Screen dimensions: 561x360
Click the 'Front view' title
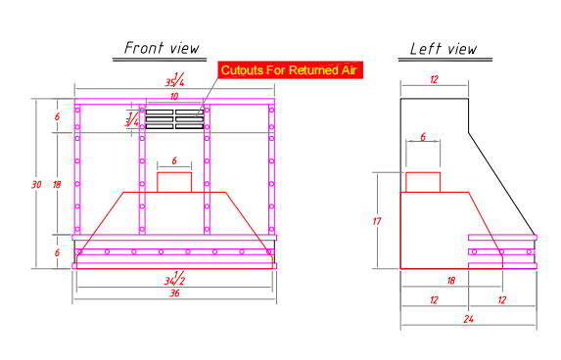162,48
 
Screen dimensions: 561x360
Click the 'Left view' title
444,49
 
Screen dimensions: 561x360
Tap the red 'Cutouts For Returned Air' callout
290,70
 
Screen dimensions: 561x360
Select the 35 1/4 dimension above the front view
174,79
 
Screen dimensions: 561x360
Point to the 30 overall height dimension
36,185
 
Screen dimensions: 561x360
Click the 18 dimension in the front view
57,185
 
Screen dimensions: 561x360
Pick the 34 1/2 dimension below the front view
174,278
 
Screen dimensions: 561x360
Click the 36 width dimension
174,293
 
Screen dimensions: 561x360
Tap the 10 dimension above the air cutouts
174,97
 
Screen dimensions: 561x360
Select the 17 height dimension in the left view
377,221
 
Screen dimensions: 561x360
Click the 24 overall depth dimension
469,319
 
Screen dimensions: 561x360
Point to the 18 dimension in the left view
451,281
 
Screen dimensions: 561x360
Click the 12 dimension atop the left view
434,79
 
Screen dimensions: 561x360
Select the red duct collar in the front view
174,182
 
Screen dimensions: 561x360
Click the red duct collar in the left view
423,182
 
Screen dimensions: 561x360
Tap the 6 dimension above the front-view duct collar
174,160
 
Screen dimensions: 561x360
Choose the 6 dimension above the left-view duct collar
423,137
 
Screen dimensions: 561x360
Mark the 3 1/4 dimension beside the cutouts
131,119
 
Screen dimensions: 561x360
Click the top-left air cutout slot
160,112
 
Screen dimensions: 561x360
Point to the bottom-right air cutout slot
190,126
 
